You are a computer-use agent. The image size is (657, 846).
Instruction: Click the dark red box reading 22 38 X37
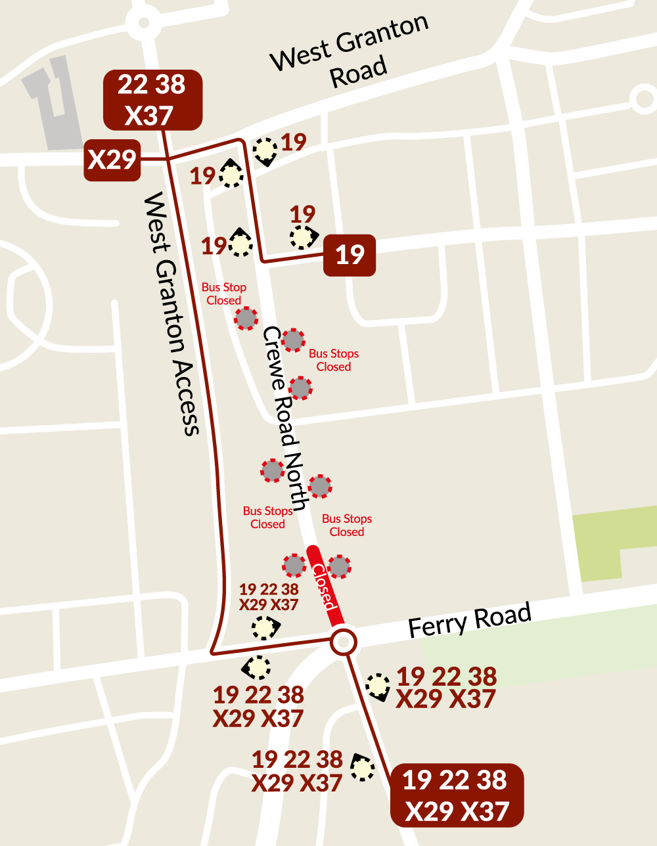pyautogui.click(x=152, y=100)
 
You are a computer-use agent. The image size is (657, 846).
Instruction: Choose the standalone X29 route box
pyautogui.click(x=112, y=160)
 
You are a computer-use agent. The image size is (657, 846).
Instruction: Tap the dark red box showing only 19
pyautogui.click(x=350, y=255)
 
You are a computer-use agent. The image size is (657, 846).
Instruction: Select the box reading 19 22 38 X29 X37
pyautogui.click(x=457, y=795)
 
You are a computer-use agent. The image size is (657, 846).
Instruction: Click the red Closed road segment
pyautogui.click(x=325, y=585)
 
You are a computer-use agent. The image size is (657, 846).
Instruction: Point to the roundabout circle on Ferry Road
pyautogui.click(x=343, y=642)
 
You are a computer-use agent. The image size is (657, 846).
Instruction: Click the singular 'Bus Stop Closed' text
pyautogui.click(x=224, y=294)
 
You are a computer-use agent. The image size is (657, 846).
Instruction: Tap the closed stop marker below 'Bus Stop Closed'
pyautogui.click(x=246, y=319)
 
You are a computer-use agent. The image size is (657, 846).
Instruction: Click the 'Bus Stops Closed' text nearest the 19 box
pyautogui.click(x=334, y=360)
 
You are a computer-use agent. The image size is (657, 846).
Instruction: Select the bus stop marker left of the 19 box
pyautogui.click(x=303, y=237)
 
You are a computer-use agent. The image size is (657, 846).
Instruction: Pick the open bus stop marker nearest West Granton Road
pyautogui.click(x=265, y=150)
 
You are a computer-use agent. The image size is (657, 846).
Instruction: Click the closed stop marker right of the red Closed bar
pyautogui.click(x=339, y=566)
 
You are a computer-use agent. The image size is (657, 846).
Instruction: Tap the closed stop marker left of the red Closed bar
pyautogui.click(x=294, y=565)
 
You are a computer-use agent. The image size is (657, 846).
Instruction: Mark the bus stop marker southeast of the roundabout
pyautogui.click(x=378, y=686)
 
